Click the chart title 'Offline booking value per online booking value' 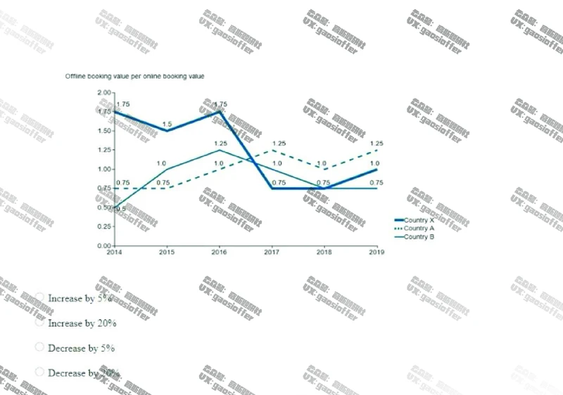134,76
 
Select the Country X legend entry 419,221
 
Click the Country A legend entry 419,228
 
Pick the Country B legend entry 419,237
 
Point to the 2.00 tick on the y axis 103,93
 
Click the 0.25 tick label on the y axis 103,227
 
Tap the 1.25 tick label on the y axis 103,150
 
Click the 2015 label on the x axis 167,252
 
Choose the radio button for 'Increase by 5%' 39,298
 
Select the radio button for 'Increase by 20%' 39,323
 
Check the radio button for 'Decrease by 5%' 39,348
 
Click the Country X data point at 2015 167,131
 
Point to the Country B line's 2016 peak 220,150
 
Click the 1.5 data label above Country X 167,124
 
